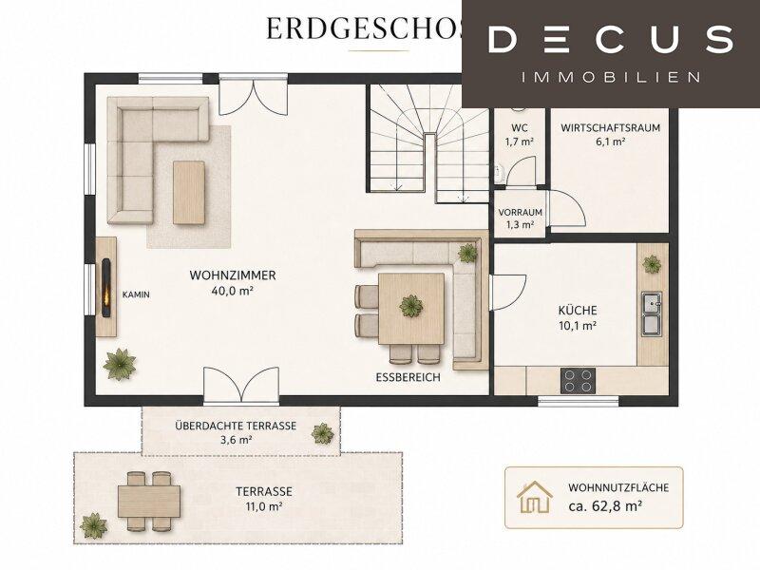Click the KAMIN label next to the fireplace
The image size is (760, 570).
136,294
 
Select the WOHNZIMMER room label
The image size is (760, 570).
233,275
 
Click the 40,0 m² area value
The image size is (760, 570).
233,291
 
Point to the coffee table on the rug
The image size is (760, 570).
189,193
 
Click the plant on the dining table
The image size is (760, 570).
411,306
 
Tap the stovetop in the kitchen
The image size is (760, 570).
579,381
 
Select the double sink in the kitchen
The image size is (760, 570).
652,314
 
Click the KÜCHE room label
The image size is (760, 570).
578,311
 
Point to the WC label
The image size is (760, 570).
520,128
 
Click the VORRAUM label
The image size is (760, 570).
520,212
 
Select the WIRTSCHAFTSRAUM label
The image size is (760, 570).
610,128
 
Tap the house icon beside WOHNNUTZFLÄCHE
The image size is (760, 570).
535,497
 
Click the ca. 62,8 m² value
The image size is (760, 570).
605,506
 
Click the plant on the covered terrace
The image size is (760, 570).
322,433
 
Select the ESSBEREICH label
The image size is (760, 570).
408,377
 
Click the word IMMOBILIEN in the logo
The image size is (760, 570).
611,77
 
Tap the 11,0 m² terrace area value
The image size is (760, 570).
264,506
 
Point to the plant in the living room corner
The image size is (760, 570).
120,364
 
